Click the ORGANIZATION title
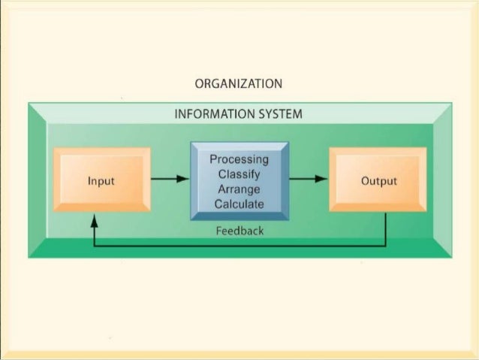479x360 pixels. tap(239, 83)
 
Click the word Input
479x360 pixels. tap(101, 181)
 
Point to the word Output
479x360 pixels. tap(379, 181)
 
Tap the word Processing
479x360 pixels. tap(239, 159)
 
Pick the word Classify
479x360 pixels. tap(239, 174)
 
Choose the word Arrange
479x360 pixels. tap(239, 189)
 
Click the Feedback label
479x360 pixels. tap(239, 231)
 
